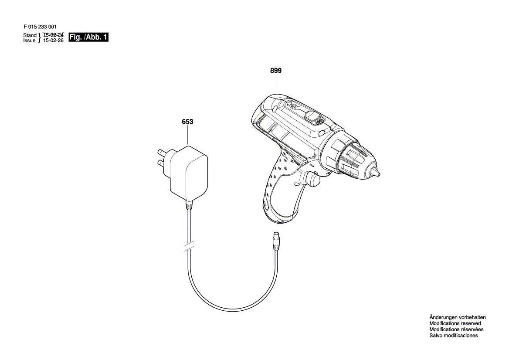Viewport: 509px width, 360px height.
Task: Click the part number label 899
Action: (x=275, y=71)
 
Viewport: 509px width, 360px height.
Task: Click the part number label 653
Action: (x=187, y=122)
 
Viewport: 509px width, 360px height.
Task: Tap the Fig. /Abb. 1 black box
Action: (x=88, y=37)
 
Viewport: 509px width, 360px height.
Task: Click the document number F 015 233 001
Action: (x=40, y=27)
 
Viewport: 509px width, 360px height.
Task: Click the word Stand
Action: (x=30, y=35)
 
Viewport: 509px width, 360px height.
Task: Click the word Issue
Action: (x=29, y=41)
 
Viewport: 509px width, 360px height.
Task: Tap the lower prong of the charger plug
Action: (x=163, y=162)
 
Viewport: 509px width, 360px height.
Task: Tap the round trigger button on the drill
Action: (x=312, y=179)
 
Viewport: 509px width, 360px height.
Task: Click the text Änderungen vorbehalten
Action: (x=458, y=317)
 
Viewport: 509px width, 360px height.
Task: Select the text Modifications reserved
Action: (x=455, y=323)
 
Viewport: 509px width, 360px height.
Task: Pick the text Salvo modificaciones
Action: (x=454, y=336)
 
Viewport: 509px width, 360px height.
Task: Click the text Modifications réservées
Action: (x=456, y=329)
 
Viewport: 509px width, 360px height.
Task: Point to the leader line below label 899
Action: (x=276, y=84)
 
